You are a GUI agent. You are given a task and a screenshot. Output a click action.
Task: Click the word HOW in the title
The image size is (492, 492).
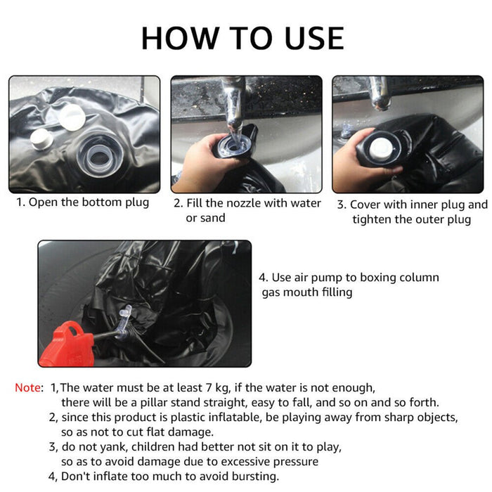tap(180, 38)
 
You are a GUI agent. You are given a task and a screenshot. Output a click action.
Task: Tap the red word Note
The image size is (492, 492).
tap(27, 388)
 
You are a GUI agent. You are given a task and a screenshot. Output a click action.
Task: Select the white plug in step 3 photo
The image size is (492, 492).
tap(381, 148)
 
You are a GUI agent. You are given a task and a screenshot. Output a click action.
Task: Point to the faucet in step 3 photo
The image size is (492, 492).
tap(380, 93)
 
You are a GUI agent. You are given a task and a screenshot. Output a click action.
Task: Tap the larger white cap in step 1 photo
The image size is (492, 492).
tap(72, 117)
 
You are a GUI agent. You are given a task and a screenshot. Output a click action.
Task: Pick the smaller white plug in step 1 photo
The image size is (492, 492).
tap(41, 139)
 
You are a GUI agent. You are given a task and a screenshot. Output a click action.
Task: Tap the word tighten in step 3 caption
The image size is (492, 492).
tap(372, 219)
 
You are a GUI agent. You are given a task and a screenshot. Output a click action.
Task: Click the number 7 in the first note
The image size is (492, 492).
tap(209, 388)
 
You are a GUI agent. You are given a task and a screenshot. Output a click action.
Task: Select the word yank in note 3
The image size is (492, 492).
tap(117, 447)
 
